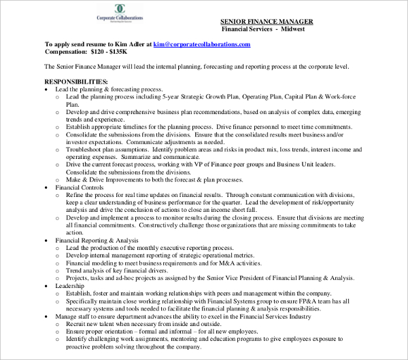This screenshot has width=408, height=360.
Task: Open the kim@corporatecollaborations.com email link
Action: tap(202, 44)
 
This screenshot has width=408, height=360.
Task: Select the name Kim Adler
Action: tap(125, 44)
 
